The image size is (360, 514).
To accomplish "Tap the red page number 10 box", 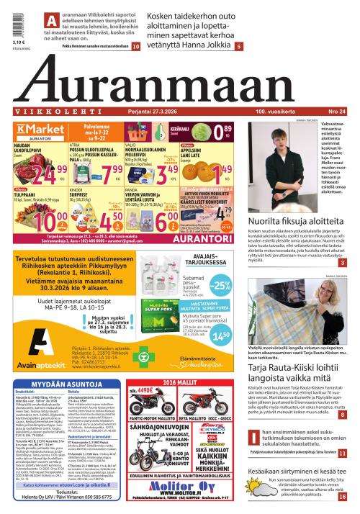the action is tap(135, 46).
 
